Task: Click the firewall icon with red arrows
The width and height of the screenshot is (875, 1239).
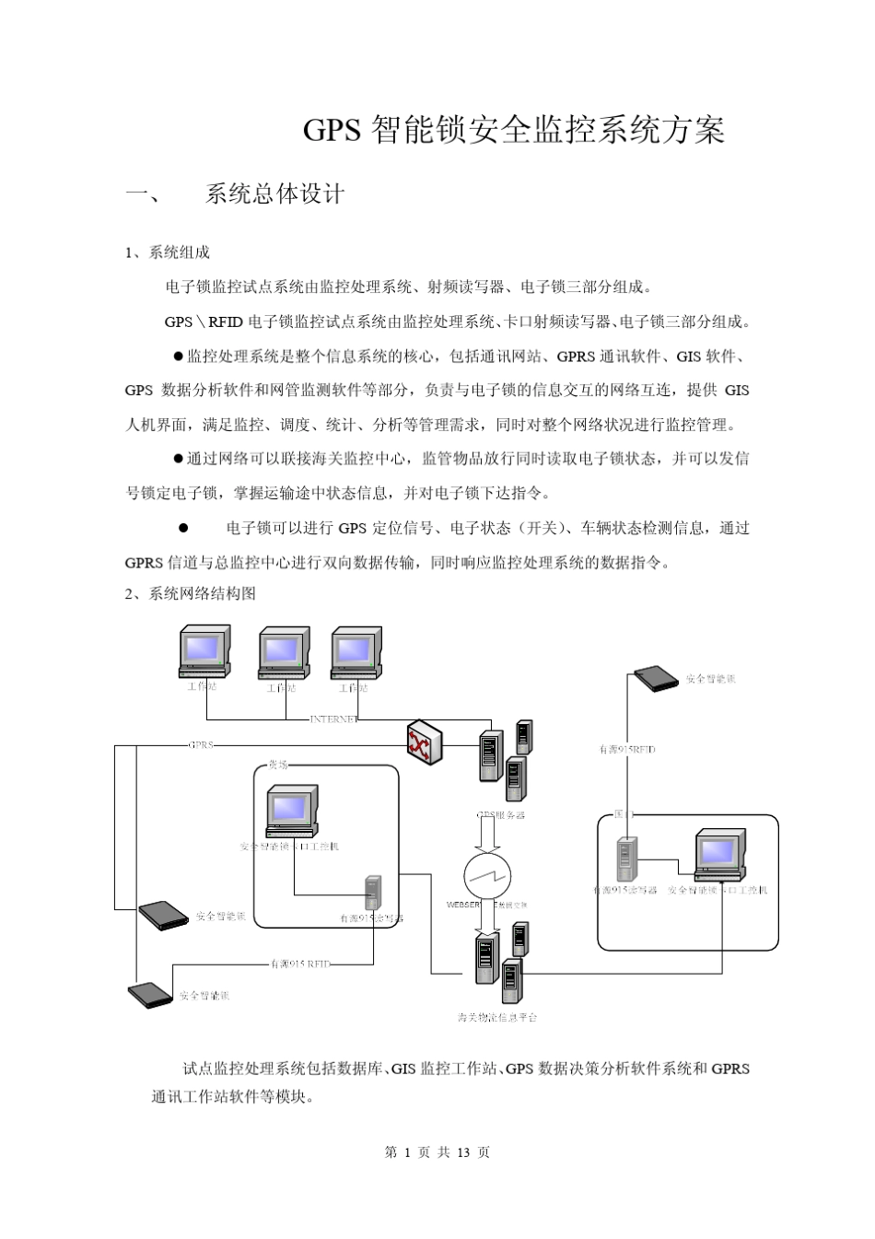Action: tap(425, 742)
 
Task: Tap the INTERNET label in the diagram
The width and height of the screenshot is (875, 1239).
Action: tap(332, 719)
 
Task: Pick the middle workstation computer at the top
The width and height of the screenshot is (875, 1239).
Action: tap(284, 653)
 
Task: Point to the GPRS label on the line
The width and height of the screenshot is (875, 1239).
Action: tap(200, 744)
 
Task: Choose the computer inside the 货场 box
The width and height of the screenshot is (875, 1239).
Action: tap(292, 811)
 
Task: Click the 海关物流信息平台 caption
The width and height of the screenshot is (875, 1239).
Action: tap(497, 1017)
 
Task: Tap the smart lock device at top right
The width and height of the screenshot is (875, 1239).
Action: tap(656, 678)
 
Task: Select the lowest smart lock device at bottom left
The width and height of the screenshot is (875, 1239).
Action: tap(150, 994)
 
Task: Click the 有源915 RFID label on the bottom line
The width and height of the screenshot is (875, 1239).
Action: tap(299, 964)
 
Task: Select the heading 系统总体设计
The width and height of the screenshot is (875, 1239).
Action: tap(274, 193)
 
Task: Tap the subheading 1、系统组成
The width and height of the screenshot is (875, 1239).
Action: tap(168, 252)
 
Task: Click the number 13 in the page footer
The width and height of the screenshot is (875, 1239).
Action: tap(463, 1152)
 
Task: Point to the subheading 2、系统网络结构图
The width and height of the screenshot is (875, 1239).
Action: tap(191, 593)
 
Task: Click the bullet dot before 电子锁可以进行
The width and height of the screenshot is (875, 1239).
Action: tap(183, 528)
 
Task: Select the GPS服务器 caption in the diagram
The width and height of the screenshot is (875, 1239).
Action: tap(501, 815)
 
